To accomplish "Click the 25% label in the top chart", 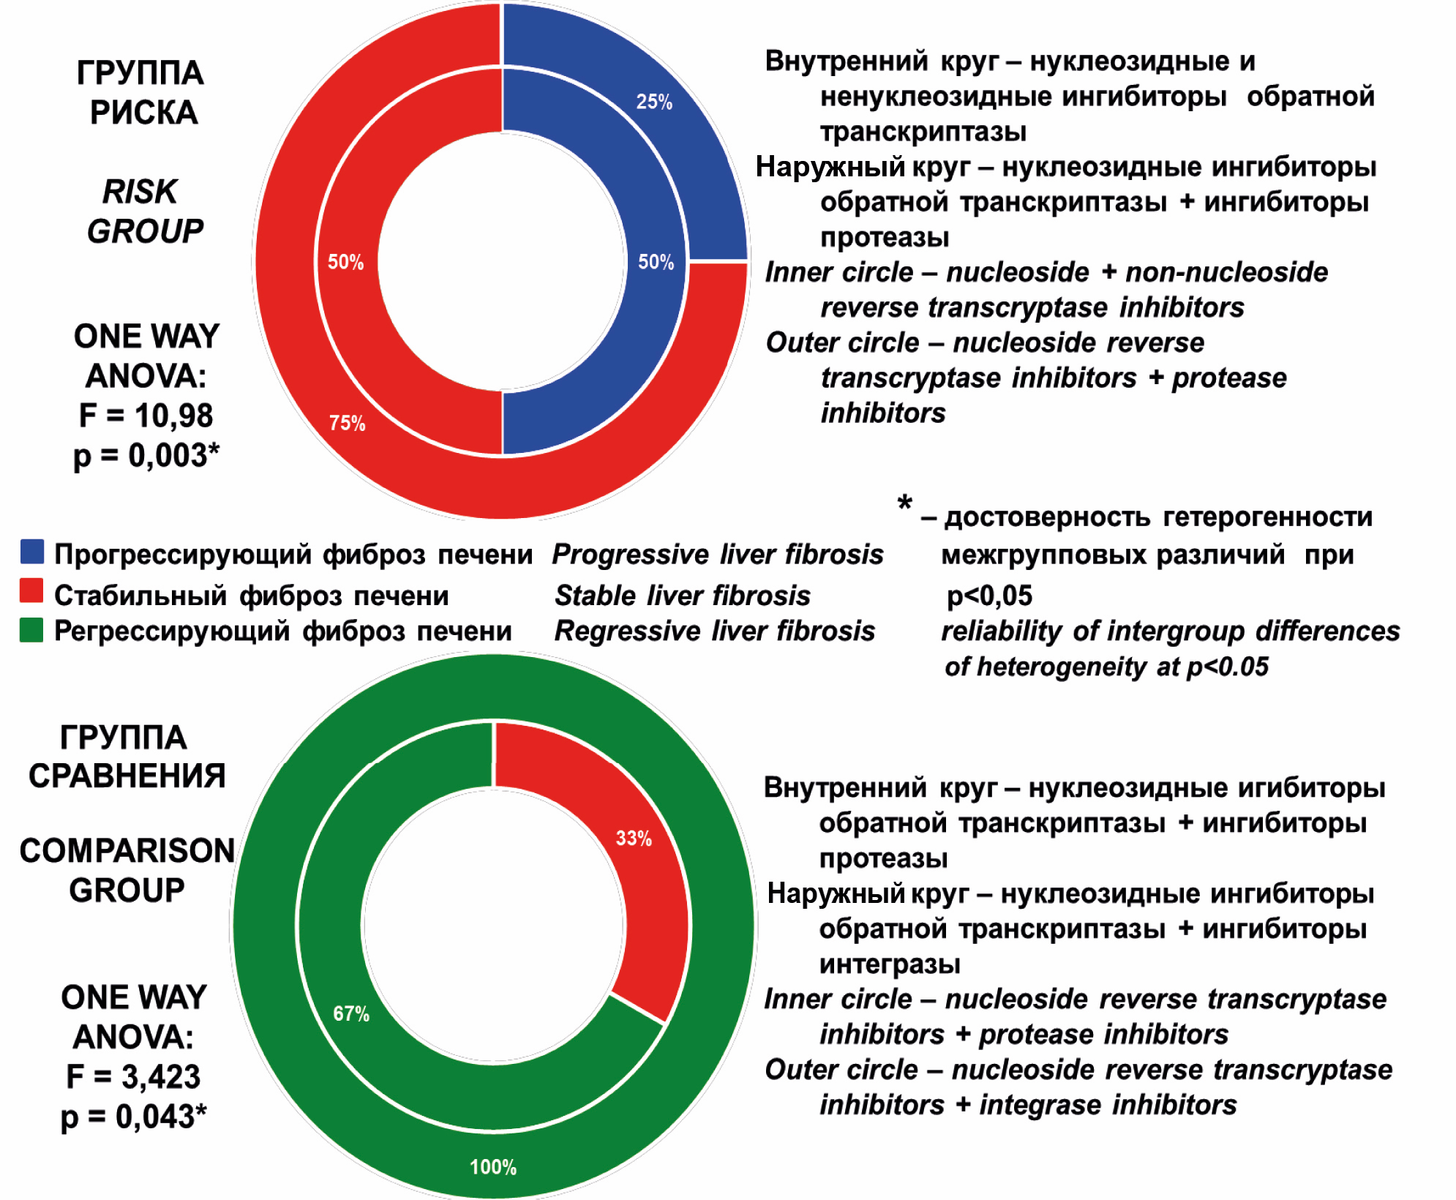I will click(x=653, y=102).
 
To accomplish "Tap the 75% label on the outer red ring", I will click(x=347, y=423).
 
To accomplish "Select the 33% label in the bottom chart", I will click(x=633, y=838).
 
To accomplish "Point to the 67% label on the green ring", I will click(x=351, y=1013).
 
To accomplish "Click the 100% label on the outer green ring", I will click(x=492, y=1166).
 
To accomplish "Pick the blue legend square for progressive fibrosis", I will click(x=32, y=552).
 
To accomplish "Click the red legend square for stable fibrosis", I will click(x=31, y=590).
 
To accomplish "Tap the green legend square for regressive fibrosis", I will click(x=31, y=630).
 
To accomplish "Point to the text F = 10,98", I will click(x=146, y=416).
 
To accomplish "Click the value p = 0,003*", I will click(x=146, y=455).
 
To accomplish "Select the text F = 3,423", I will click(x=133, y=1076).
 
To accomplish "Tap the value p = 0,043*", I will click(x=133, y=1117).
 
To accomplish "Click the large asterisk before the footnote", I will click(x=904, y=504).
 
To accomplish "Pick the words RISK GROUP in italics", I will click(x=144, y=211).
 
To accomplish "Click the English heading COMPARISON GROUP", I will click(x=127, y=871).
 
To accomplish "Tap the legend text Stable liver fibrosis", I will click(x=682, y=596).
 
